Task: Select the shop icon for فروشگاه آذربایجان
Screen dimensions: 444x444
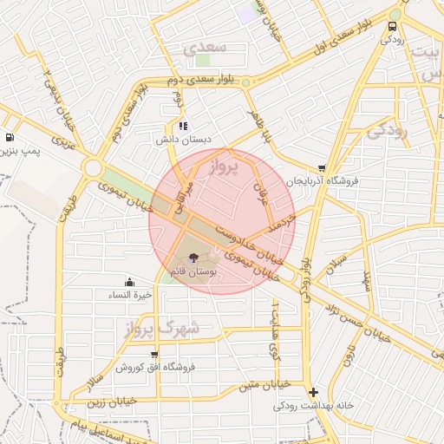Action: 323,168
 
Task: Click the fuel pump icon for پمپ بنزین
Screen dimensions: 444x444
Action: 9,137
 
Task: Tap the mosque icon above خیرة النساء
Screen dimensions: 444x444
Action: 130,282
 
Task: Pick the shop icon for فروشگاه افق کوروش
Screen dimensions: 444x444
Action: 154,354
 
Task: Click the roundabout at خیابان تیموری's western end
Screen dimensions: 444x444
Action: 92,166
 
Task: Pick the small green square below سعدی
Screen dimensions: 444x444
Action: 203,62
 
